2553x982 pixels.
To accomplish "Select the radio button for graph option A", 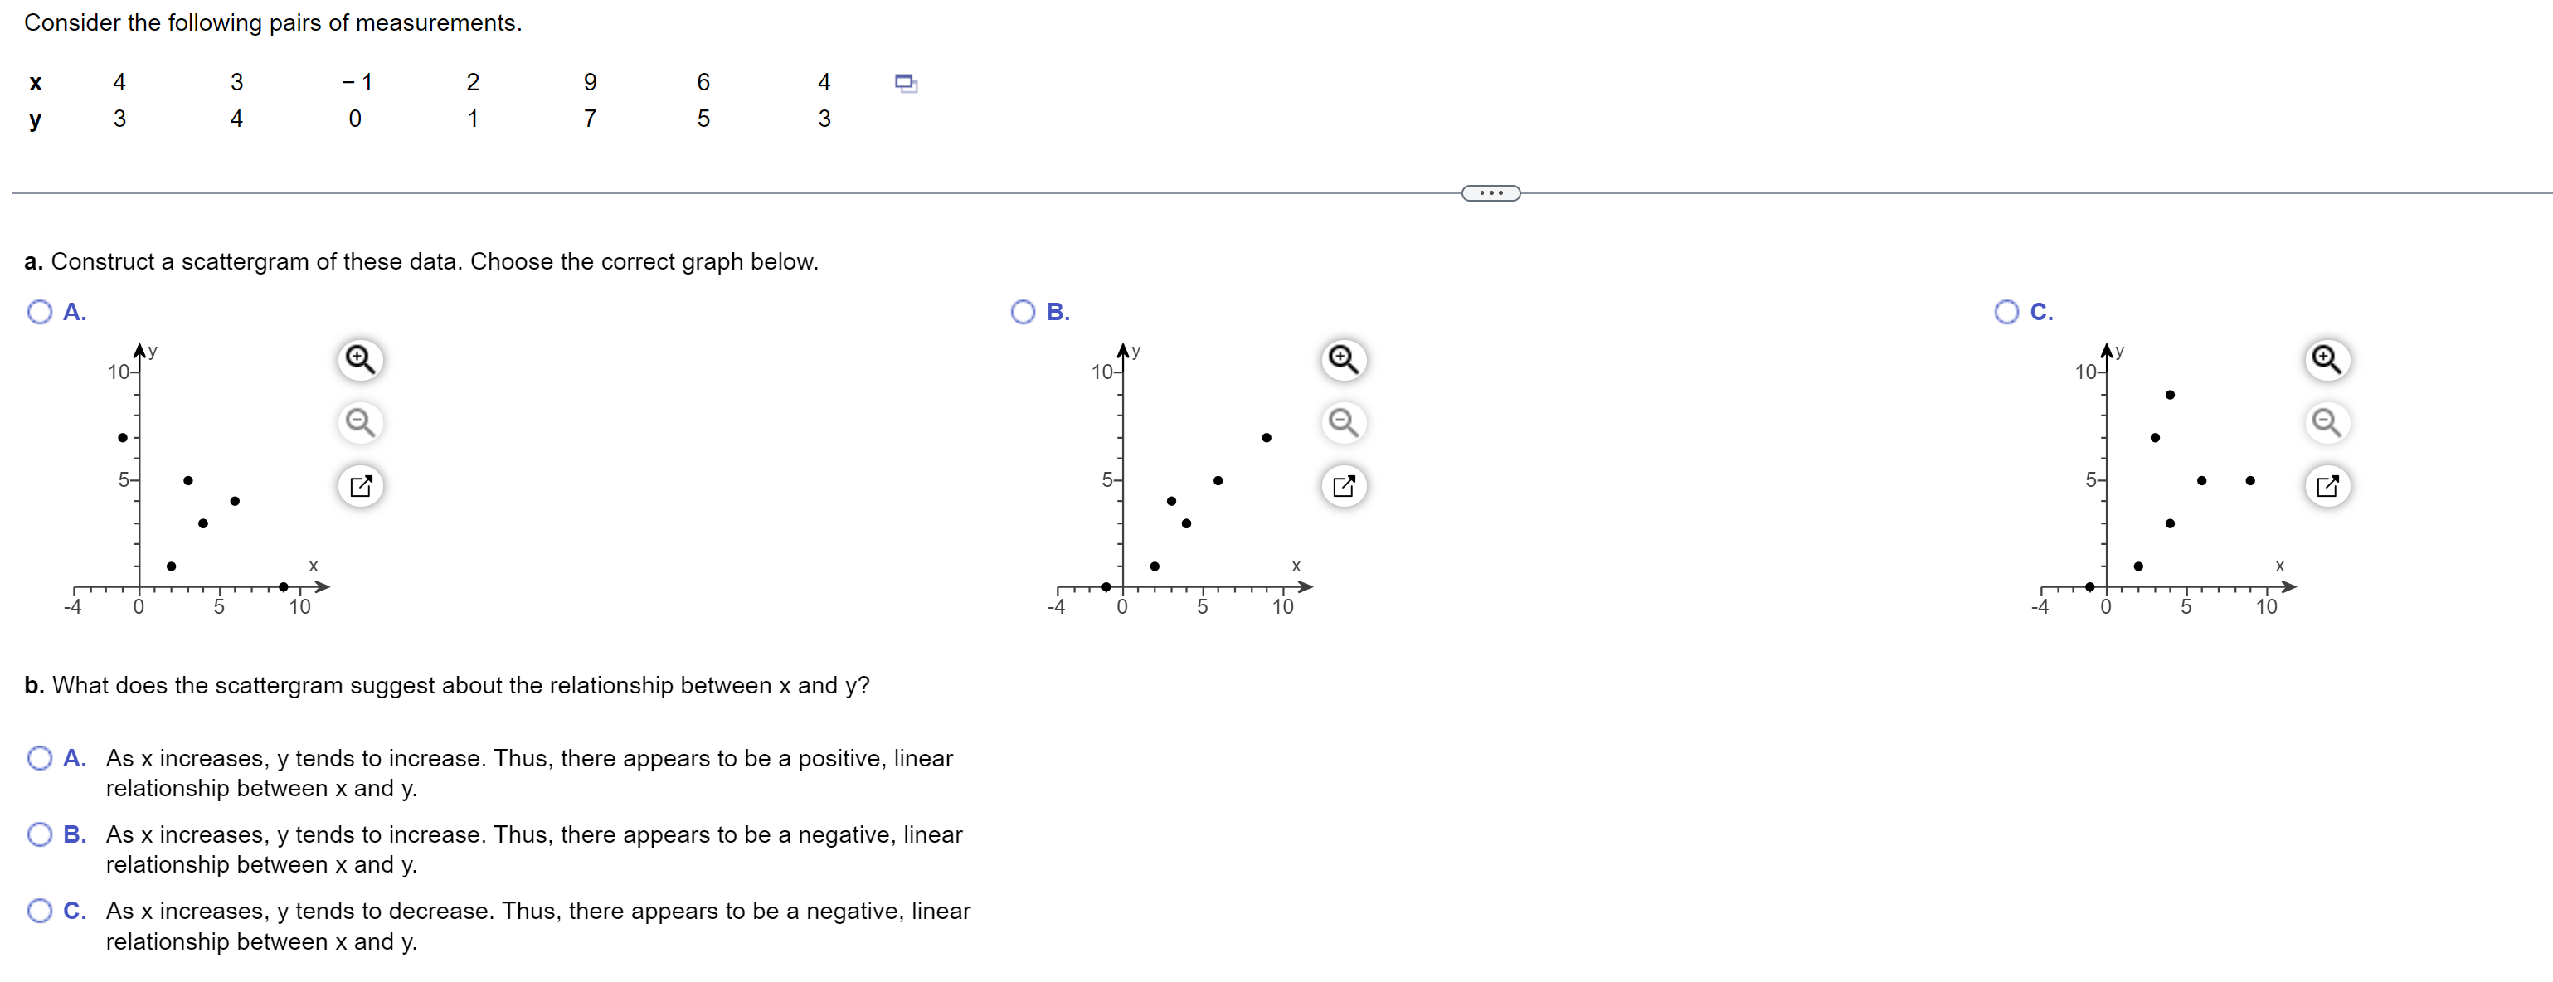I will point(40,312).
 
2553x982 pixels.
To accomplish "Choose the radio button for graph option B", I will point(1023,312).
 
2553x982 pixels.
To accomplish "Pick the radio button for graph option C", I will point(2006,312).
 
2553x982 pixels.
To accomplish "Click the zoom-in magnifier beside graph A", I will point(360,359).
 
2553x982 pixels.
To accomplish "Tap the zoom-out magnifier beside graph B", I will point(1343,422).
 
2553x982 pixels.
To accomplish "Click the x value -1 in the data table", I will point(356,82).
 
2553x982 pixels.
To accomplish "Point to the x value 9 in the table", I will point(590,82).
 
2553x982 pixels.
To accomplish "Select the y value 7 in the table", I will point(590,119).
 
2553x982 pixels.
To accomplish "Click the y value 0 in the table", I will point(355,119).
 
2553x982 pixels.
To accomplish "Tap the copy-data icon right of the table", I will point(906,82).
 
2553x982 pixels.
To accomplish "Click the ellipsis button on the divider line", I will point(1490,193).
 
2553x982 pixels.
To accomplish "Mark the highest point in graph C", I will point(2170,395).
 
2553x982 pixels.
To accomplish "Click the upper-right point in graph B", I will point(1266,437).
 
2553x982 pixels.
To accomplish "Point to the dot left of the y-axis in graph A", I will point(122,437).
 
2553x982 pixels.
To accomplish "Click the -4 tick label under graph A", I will point(72,606).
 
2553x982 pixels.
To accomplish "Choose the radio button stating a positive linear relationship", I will point(40,758).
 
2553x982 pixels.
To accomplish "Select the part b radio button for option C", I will point(40,911).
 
